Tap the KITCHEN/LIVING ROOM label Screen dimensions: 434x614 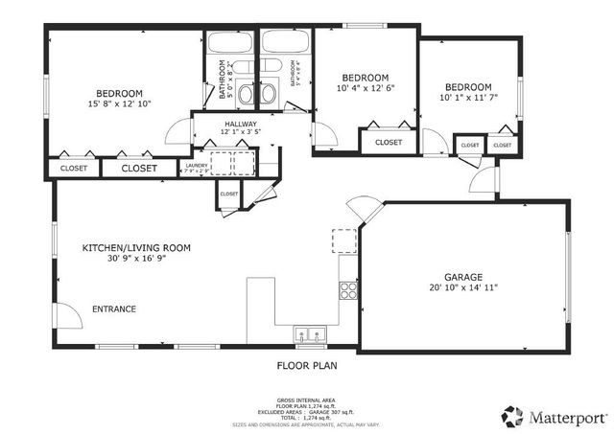(x=136, y=247)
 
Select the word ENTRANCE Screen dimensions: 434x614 (x=113, y=308)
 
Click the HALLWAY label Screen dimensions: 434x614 (x=240, y=124)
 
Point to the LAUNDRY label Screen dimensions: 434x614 (x=196, y=165)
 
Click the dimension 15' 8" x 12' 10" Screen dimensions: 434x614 (x=119, y=103)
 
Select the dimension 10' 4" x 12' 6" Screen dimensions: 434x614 (x=366, y=88)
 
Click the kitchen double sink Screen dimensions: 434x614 (x=309, y=334)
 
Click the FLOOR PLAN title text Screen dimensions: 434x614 (x=307, y=365)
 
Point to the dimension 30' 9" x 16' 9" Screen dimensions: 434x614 (x=136, y=259)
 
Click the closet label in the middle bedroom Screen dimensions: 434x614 (x=389, y=143)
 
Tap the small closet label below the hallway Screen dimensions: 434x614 (x=228, y=194)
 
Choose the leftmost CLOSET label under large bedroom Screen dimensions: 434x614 (x=74, y=169)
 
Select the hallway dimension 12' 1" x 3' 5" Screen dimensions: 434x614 (x=240, y=133)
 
